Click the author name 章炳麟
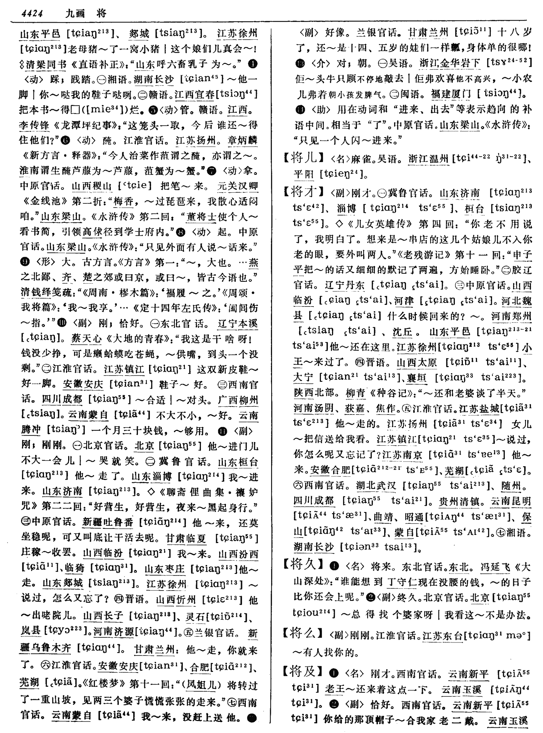242,140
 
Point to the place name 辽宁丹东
345,285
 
